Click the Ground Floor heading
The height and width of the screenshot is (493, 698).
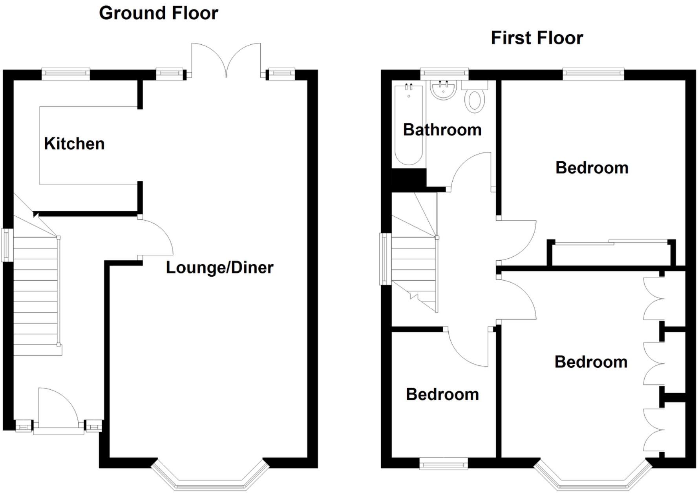click(158, 13)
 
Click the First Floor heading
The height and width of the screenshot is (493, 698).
click(537, 38)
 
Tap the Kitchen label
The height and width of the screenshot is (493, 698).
click(74, 144)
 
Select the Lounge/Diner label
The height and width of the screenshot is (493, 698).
click(219, 268)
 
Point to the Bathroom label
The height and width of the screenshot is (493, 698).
click(442, 130)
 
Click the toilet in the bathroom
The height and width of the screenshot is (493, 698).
click(475, 100)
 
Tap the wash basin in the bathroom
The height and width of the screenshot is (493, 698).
click(443, 90)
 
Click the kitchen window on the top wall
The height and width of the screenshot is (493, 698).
click(66, 74)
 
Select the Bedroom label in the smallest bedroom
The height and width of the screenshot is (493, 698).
click(442, 394)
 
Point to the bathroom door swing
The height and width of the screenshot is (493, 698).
click(471, 171)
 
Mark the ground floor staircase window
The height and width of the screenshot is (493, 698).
click(7, 245)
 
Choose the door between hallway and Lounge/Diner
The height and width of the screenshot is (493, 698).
click(155, 237)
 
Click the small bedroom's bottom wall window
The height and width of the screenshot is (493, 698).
click(444, 464)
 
